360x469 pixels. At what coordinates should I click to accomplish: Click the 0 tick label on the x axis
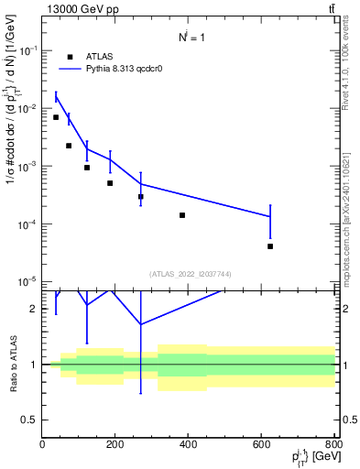[x=42, y=444]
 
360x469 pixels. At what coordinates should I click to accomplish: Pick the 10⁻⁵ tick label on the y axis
[x=27, y=281]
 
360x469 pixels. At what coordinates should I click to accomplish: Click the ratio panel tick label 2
[x=34, y=309]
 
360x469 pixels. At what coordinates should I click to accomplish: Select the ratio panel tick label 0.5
[x=30, y=420]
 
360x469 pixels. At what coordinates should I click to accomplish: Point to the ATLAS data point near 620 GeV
[x=270, y=246]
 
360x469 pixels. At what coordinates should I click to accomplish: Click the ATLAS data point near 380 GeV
[x=182, y=215]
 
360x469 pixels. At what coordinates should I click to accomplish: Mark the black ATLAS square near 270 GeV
[x=141, y=197]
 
